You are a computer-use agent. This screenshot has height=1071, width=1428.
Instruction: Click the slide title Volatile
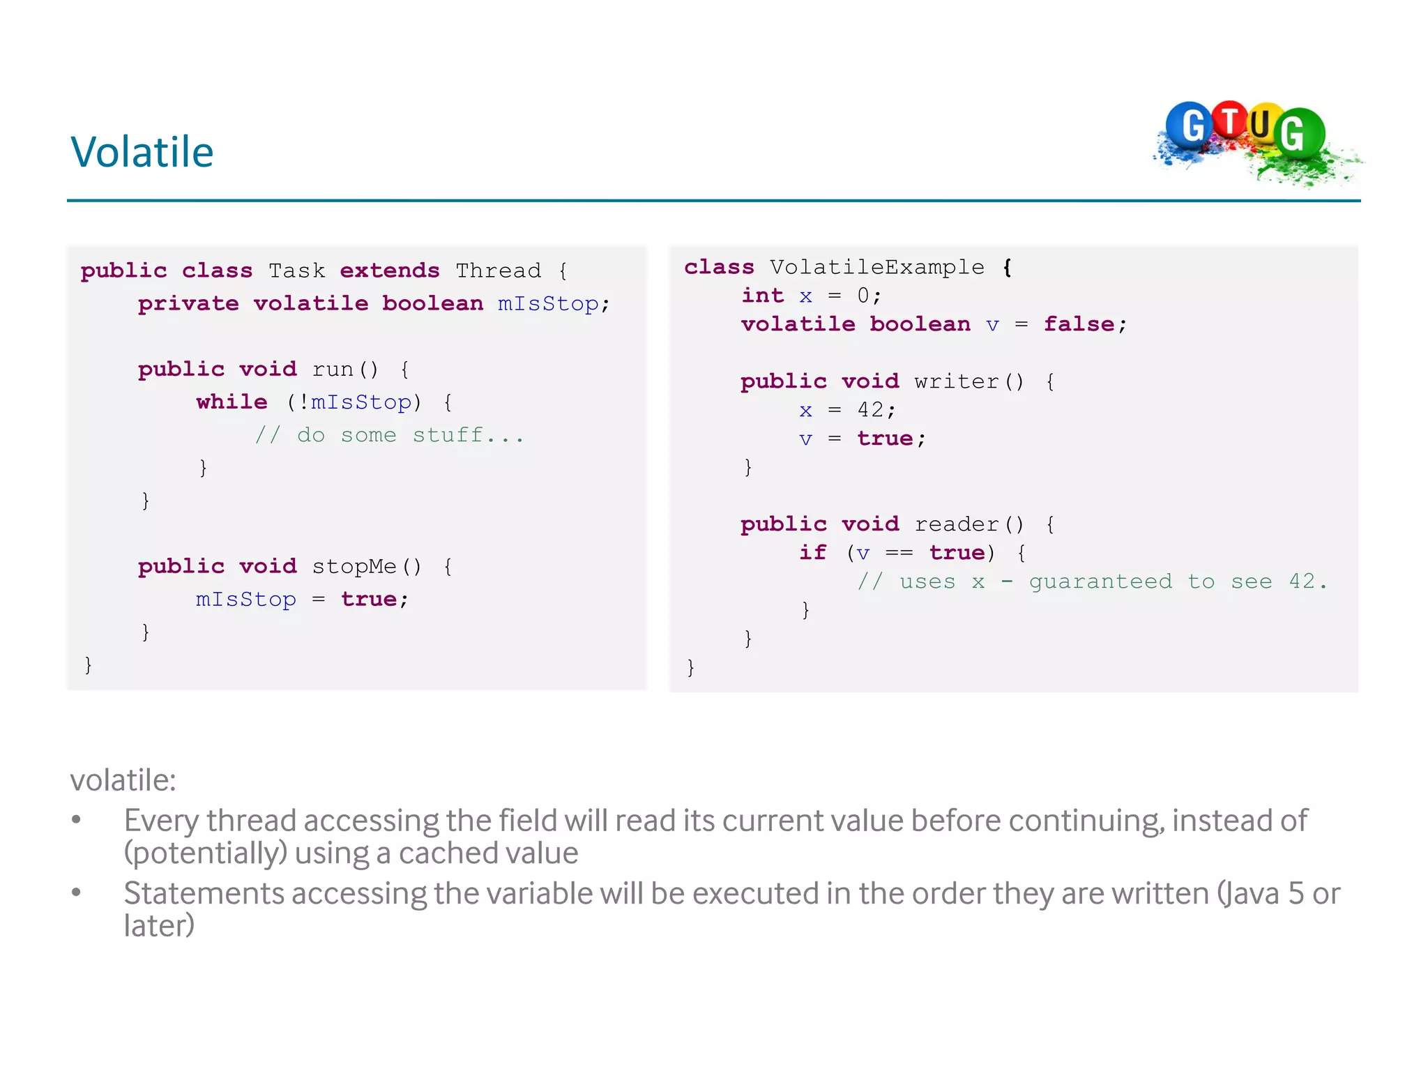point(142,152)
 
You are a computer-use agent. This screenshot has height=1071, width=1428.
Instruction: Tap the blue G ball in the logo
point(1190,126)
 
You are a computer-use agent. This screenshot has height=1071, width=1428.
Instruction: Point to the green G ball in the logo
point(1297,132)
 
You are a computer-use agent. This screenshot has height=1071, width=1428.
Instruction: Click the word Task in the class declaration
point(297,271)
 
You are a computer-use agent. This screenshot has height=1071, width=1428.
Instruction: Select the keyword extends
point(390,271)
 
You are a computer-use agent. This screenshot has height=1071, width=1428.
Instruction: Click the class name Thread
point(499,271)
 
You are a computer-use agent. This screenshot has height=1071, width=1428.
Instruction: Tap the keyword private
point(188,303)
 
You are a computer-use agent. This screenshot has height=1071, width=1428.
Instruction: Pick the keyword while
point(232,402)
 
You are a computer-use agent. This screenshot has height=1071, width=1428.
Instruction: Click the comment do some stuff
point(389,435)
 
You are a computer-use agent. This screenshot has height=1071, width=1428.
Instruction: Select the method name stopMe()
point(367,566)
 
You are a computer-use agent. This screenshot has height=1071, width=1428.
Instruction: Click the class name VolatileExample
point(877,267)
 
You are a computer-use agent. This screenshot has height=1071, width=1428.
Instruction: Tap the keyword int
point(763,296)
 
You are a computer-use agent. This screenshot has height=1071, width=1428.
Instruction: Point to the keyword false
point(1079,324)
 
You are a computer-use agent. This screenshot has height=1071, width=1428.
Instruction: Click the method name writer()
point(969,381)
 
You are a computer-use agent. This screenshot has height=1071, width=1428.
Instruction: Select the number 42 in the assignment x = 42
point(871,410)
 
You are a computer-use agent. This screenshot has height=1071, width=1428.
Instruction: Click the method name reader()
point(969,524)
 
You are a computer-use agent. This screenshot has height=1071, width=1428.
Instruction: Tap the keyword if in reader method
point(813,553)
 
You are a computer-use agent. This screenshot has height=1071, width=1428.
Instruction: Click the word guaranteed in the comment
point(1100,582)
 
